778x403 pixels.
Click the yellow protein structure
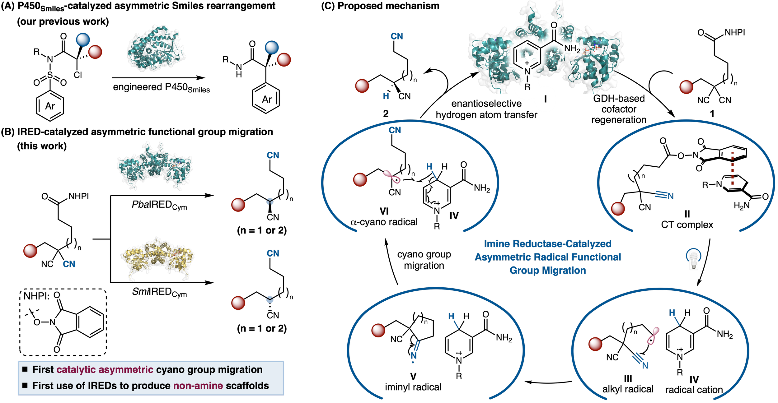tap(157, 259)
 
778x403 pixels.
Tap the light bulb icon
tap(694, 260)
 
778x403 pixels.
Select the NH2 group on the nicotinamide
tap(572, 49)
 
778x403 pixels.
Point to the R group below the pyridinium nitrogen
tap(527, 87)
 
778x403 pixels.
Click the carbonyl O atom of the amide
tap(554, 25)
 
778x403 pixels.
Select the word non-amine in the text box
tap(198, 386)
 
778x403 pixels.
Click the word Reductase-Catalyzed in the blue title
tap(562, 244)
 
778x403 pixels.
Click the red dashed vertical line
tap(733, 169)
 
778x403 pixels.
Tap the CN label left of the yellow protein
tap(69, 264)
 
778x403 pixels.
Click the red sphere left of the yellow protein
tap(30, 251)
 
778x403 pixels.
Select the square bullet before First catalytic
tap(25, 369)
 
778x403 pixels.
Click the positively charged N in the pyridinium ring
tap(527, 72)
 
